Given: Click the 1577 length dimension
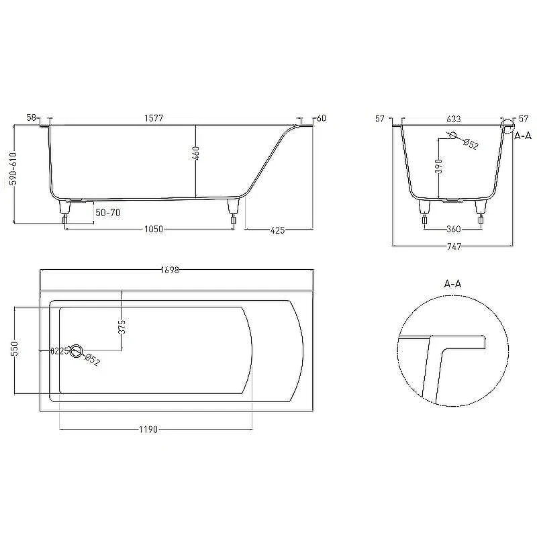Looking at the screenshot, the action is (154, 118).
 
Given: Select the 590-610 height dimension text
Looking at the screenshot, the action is (13, 168).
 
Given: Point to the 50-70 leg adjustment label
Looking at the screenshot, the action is (108, 213).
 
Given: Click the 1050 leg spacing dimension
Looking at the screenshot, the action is (154, 229).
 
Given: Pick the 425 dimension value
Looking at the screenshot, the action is (277, 230).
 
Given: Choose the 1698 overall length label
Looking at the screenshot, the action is (170, 270).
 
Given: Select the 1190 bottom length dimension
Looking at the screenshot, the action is (148, 429).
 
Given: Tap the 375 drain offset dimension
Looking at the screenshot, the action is (122, 327).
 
